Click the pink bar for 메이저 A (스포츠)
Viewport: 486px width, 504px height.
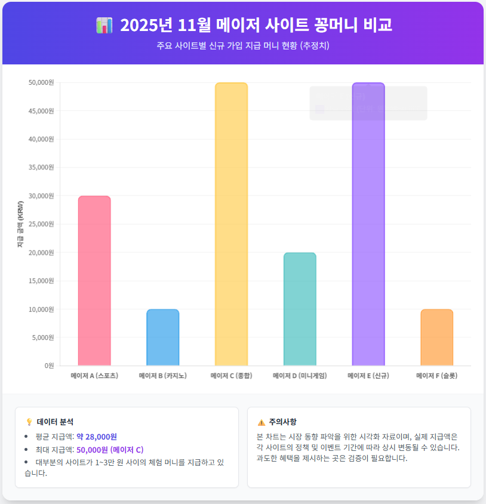pyautogui.click(x=94, y=280)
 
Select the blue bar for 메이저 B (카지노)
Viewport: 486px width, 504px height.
pyautogui.click(x=162, y=337)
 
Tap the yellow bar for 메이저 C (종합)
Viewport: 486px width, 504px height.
pyautogui.click(x=231, y=224)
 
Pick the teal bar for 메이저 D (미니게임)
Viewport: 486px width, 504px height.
pyautogui.click(x=300, y=309)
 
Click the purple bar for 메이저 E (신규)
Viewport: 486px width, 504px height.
pyautogui.click(x=368, y=224)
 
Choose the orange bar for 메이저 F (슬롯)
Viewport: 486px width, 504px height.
pyautogui.click(x=436, y=337)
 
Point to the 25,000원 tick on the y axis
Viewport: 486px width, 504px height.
pyautogui.click(x=41, y=224)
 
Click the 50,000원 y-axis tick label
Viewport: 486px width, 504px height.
pyautogui.click(x=41, y=83)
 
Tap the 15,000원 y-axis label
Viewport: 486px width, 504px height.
pyautogui.click(x=41, y=281)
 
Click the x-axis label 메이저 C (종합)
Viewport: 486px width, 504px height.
pyautogui.click(x=231, y=376)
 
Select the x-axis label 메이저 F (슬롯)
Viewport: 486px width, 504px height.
pyautogui.click(x=436, y=376)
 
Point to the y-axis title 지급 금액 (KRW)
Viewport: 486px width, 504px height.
pyautogui.click(x=20, y=224)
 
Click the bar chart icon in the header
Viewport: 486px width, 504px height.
pyautogui.click(x=104, y=26)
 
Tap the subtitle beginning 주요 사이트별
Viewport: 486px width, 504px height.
pyautogui.click(x=242, y=46)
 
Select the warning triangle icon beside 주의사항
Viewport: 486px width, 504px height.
pyautogui.click(x=261, y=422)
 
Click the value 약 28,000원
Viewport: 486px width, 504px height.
pyautogui.click(x=97, y=437)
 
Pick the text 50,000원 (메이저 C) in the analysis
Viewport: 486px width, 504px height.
pyautogui.click(x=110, y=450)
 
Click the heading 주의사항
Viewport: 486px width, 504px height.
pyautogui.click(x=282, y=422)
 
